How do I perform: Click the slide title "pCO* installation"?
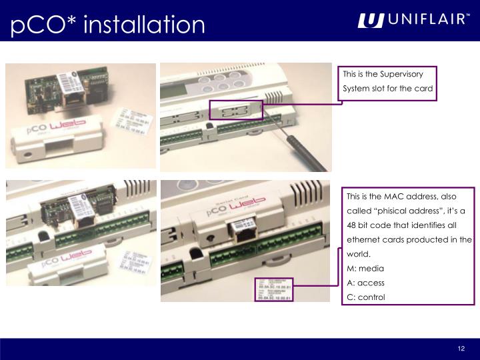click(108, 25)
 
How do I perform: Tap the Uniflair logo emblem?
click(371, 21)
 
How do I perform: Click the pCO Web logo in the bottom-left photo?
click(67, 259)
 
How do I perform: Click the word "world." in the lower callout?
click(357, 254)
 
